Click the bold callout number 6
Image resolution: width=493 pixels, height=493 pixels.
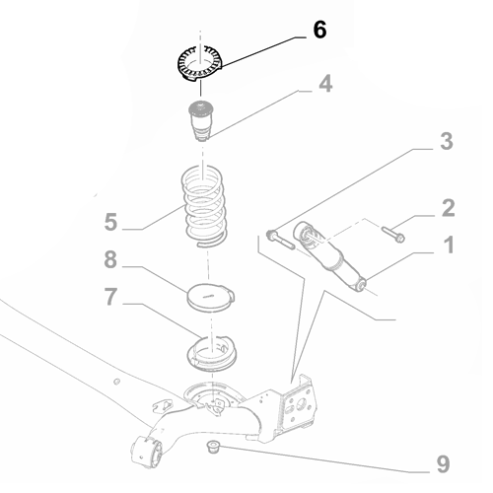[318, 30]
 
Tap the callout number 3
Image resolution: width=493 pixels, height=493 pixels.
[446, 141]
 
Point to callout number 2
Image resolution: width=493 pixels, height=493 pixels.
[448, 207]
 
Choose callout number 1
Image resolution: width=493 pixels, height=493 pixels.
[448, 243]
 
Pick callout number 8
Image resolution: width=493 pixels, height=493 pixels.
[111, 262]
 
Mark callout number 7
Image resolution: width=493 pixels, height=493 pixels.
[111, 297]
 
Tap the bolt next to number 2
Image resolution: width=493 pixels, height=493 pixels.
[392, 235]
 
